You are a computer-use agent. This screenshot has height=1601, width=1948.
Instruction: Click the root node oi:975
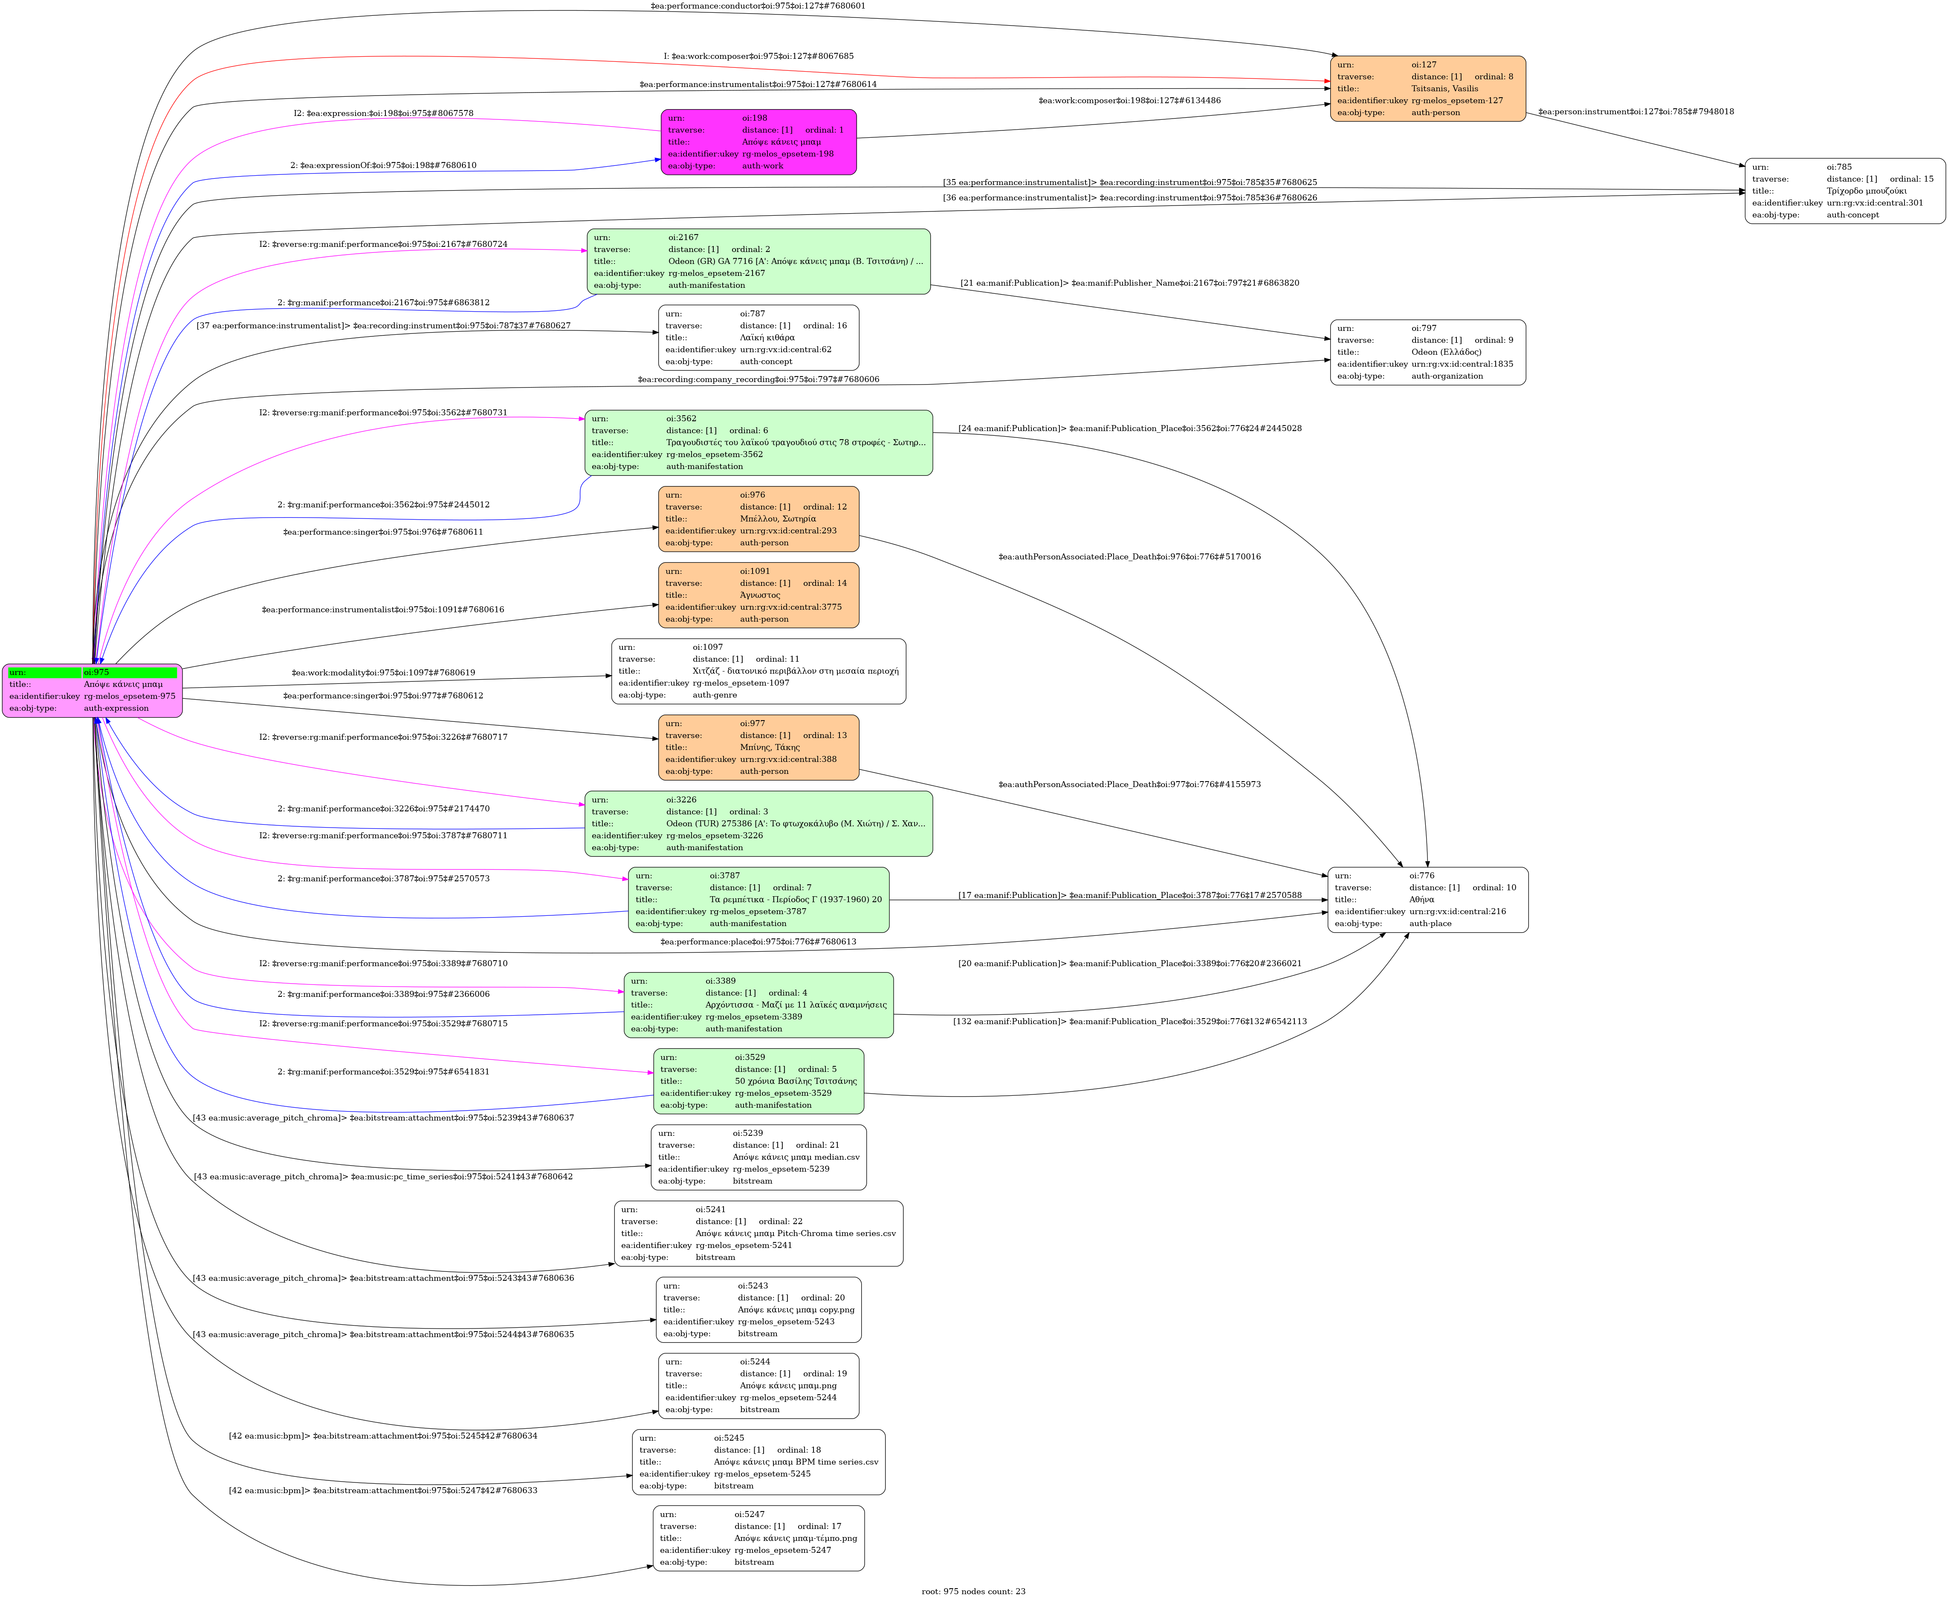92,690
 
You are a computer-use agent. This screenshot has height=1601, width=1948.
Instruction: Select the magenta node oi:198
758,142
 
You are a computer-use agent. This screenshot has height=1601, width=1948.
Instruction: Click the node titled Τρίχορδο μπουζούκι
1845,191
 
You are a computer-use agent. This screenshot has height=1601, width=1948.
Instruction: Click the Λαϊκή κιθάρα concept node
758,338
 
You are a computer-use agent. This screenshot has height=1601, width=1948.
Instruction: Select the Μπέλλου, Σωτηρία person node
758,518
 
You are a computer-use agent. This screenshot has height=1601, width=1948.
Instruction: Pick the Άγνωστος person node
758,595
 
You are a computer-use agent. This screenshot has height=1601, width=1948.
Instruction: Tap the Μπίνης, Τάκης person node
758,747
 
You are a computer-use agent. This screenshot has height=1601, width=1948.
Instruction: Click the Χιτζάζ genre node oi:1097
758,672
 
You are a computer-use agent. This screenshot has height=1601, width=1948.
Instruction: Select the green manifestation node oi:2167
758,261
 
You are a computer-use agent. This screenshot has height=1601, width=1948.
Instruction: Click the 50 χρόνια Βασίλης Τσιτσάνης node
758,1081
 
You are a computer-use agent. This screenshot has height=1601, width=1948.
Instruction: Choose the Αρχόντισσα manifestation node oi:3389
758,1005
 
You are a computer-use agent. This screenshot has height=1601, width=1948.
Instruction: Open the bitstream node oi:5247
758,1538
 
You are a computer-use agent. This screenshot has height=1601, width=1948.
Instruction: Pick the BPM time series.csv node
758,1462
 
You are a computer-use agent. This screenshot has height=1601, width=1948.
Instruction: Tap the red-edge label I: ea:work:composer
758,56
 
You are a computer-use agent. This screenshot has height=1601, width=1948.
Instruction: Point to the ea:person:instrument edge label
1635,112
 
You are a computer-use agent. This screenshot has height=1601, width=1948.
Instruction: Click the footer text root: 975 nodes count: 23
973,1591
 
